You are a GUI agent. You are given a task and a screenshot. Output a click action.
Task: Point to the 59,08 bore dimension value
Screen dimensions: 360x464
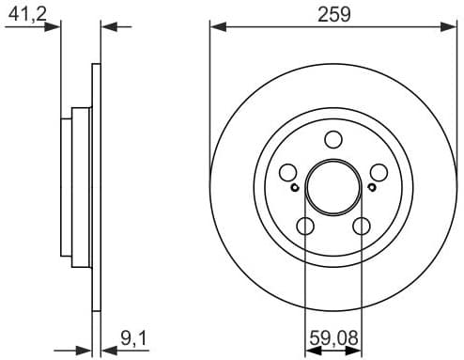coord(333,336)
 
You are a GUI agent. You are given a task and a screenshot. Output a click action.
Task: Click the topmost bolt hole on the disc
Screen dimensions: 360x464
coord(333,140)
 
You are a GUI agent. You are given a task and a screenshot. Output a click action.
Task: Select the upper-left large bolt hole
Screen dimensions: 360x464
coord(288,173)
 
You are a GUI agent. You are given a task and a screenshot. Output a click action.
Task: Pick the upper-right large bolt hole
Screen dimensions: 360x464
coord(379,173)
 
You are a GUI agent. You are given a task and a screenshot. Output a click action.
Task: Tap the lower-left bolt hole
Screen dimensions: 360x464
coord(305,227)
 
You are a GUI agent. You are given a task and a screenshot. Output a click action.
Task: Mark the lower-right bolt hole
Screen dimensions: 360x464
coord(362,227)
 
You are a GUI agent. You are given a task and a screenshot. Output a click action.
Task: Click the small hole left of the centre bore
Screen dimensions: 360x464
coord(296,187)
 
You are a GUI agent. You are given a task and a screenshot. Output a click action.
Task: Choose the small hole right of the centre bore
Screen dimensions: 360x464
coord(372,187)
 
